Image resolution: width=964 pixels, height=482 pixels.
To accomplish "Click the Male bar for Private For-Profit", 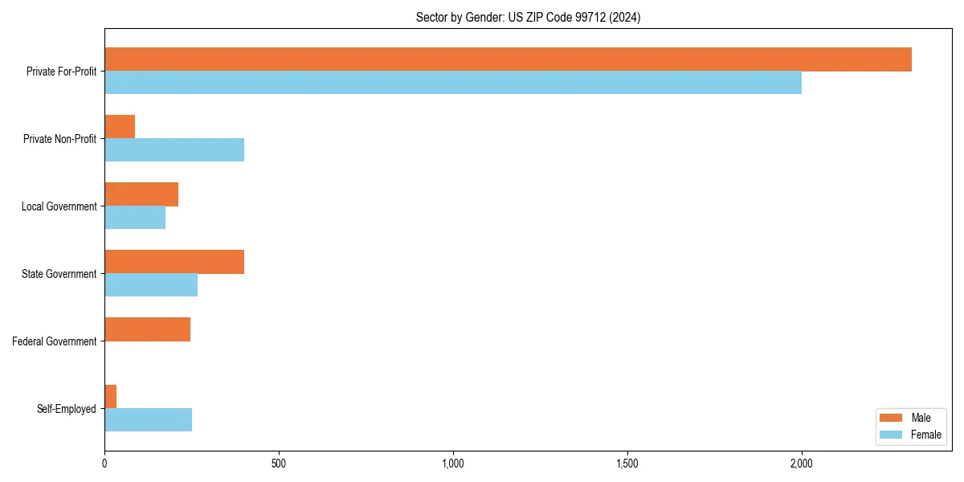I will pyautogui.click(x=508, y=59).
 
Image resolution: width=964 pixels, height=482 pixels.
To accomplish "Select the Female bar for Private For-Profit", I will pyautogui.click(x=453, y=83).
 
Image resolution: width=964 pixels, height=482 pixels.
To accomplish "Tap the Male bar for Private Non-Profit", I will pyautogui.click(x=120, y=127).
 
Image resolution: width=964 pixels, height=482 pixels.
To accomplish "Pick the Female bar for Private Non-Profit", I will pyautogui.click(x=174, y=150).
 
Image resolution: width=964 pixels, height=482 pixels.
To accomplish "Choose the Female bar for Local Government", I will pyautogui.click(x=135, y=218).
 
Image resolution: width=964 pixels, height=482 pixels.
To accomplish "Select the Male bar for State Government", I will pyautogui.click(x=174, y=262).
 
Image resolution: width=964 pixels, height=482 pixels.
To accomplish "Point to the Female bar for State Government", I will pyautogui.click(x=151, y=285).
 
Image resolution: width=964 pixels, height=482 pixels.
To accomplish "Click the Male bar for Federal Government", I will pyautogui.click(x=148, y=329).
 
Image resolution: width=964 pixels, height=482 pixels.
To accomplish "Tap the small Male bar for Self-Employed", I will pyautogui.click(x=111, y=397).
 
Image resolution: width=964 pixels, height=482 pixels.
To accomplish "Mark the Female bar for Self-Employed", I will pyautogui.click(x=149, y=420).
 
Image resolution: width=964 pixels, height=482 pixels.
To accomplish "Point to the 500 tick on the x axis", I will pyautogui.click(x=279, y=464).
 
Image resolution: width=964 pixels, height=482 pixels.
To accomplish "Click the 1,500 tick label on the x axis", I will pyautogui.click(x=627, y=464).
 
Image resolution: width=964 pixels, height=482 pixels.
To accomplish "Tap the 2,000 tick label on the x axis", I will pyautogui.click(x=802, y=464).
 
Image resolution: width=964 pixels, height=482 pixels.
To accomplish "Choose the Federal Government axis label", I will pyautogui.click(x=55, y=341).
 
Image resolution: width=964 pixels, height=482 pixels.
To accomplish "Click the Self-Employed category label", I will pyautogui.click(x=67, y=409).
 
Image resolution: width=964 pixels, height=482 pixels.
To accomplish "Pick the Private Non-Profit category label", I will pyautogui.click(x=59, y=139).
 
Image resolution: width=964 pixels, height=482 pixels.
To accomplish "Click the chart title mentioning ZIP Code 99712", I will pyautogui.click(x=528, y=17).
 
